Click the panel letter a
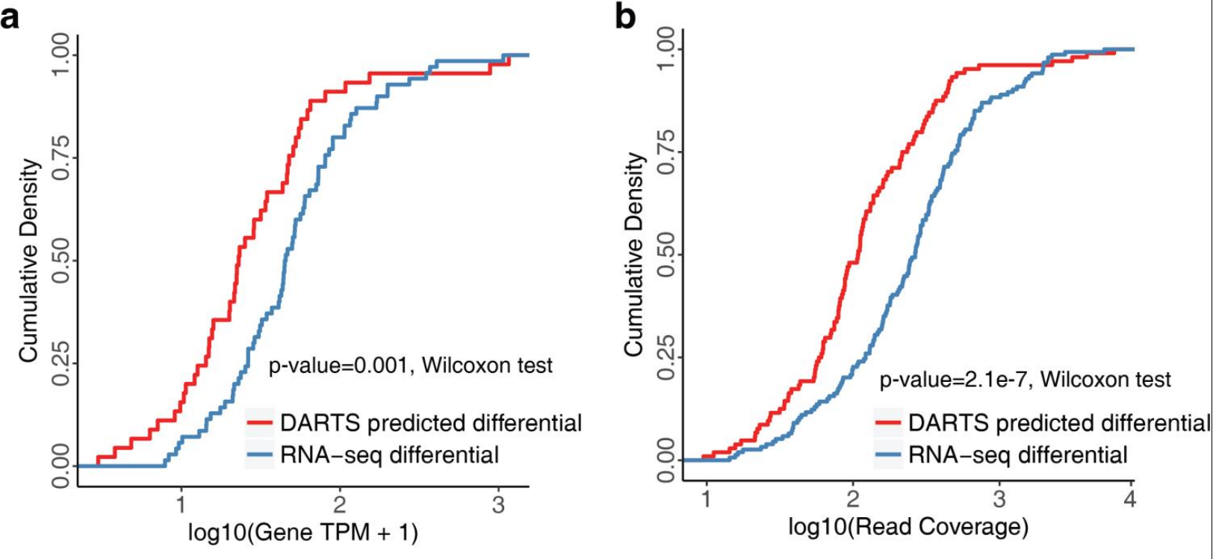[10, 16]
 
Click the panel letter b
[625, 16]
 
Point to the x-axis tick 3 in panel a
[498, 505]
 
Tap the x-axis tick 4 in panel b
[1129, 498]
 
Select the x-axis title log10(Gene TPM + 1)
[303, 532]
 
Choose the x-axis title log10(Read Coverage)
[908, 526]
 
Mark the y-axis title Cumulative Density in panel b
[634, 254]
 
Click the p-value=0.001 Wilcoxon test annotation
[411, 365]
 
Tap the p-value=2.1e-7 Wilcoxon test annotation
[1025, 380]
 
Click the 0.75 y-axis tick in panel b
[667, 152]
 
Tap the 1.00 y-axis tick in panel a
[63, 55]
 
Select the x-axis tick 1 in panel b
[706, 498]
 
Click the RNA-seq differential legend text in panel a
[389, 454]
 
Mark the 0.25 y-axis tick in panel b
[667, 357]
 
